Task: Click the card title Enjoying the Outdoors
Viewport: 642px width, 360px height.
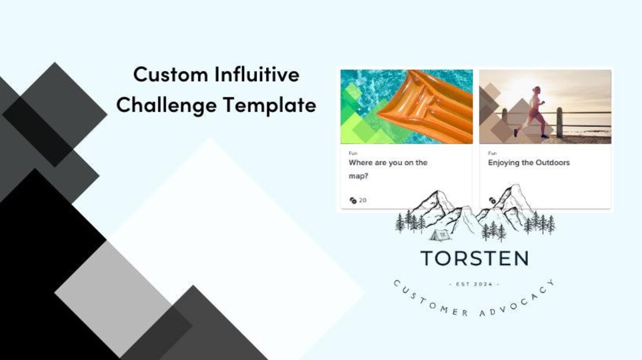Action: point(528,163)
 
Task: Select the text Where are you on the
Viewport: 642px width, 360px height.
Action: point(388,163)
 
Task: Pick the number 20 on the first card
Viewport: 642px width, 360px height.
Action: point(363,200)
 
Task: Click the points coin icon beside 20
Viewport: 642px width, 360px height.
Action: point(353,200)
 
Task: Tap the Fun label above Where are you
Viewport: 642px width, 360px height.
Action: point(353,153)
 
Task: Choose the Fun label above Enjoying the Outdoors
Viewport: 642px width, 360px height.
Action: point(492,153)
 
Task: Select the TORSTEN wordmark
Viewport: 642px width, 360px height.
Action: point(474,258)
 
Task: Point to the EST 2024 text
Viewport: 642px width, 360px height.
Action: point(474,285)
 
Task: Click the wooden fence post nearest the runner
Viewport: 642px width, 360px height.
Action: point(559,122)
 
